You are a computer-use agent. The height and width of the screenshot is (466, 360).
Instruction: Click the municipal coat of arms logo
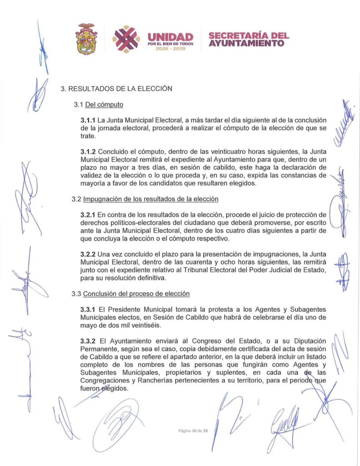[x=86, y=39]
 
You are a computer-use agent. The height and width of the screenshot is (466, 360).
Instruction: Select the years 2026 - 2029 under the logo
[x=171, y=48]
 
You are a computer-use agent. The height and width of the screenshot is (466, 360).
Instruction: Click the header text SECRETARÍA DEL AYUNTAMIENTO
[x=248, y=39]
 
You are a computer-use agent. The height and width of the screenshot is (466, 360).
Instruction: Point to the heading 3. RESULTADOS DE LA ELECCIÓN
[x=117, y=89]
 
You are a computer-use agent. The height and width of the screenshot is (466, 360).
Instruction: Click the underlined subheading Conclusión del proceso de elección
[x=136, y=294]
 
